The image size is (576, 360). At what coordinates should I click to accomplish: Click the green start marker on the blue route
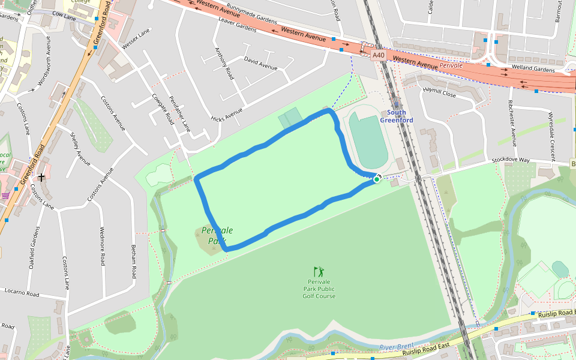click(377, 179)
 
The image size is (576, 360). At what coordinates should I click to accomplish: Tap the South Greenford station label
click(396, 116)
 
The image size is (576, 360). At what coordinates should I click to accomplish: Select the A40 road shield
click(378, 55)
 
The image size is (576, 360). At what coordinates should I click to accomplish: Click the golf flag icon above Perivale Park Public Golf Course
click(318, 272)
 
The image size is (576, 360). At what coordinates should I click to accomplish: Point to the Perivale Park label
click(217, 236)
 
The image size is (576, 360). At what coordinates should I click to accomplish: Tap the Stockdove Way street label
click(511, 160)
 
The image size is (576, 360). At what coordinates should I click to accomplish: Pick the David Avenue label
click(260, 63)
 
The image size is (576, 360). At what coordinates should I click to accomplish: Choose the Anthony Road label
click(224, 64)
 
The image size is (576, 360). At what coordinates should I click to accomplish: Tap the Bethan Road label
click(134, 262)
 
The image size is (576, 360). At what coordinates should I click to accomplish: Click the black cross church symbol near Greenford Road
click(41, 177)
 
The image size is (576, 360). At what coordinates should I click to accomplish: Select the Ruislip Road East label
click(425, 349)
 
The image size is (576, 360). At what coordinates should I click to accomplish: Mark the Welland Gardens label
click(533, 69)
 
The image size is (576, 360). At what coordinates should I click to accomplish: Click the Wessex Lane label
click(135, 41)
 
